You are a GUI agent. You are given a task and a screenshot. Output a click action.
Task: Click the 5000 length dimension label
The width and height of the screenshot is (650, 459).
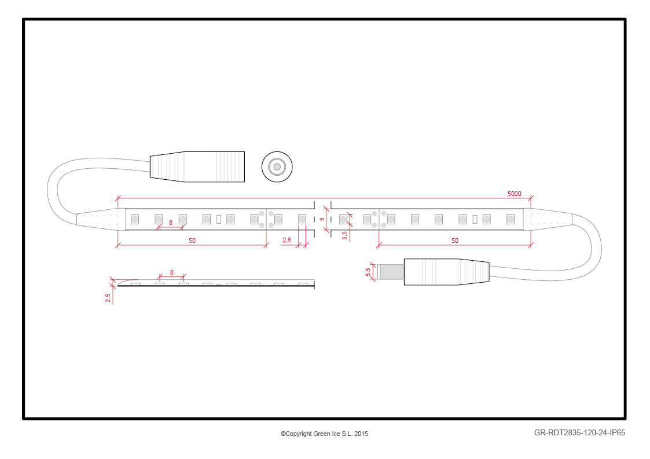(x=514, y=194)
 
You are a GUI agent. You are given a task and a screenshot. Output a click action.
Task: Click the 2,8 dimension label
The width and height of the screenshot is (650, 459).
(x=287, y=240)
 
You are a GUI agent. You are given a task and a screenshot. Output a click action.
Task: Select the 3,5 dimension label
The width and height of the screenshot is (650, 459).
(x=344, y=235)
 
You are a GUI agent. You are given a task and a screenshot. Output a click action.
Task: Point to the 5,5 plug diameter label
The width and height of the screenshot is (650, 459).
(x=368, y=272)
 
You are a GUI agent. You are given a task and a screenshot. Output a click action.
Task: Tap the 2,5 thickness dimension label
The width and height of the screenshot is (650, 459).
(x=108, y=298)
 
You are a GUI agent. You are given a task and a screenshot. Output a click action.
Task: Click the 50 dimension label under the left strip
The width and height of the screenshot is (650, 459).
(x=192, y=240)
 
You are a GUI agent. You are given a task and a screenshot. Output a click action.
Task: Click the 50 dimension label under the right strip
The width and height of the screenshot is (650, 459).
(x=455, y=240)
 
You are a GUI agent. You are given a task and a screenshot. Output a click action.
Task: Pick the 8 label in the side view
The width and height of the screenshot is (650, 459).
(x=172, y=272)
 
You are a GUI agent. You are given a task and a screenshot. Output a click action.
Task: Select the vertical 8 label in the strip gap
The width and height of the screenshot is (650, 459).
(x=322, y=219)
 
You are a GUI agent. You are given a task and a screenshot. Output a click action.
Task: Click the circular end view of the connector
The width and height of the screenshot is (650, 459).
(x=277, y=167)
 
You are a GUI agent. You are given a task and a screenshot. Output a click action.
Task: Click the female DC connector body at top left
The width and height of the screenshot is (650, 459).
(x=197, y=167)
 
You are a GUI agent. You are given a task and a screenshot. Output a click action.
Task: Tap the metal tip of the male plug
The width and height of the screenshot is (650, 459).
(x=391, y=272)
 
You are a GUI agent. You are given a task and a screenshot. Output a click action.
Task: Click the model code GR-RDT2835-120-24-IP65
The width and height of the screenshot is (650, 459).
(x=579, y=433)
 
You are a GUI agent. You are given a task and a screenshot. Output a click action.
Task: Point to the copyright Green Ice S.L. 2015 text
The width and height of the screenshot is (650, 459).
(x=324, y=434)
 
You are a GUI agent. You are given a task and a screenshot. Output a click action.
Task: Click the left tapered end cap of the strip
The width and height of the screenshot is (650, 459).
(x=101, y=219)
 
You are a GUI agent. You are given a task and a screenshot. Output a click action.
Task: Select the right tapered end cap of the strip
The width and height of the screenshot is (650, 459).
(x=548, y=219)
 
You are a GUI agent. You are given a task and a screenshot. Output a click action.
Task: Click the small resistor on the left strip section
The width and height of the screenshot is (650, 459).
(x=219, y=219)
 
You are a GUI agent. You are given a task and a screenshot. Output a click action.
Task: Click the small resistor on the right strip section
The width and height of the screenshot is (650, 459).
(x=475, y=219)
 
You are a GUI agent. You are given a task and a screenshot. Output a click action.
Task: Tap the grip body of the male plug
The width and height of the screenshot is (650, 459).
(x=446, y=272)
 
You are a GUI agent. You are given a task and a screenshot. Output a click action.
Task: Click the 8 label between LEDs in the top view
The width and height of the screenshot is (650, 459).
(x=170, y=223)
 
